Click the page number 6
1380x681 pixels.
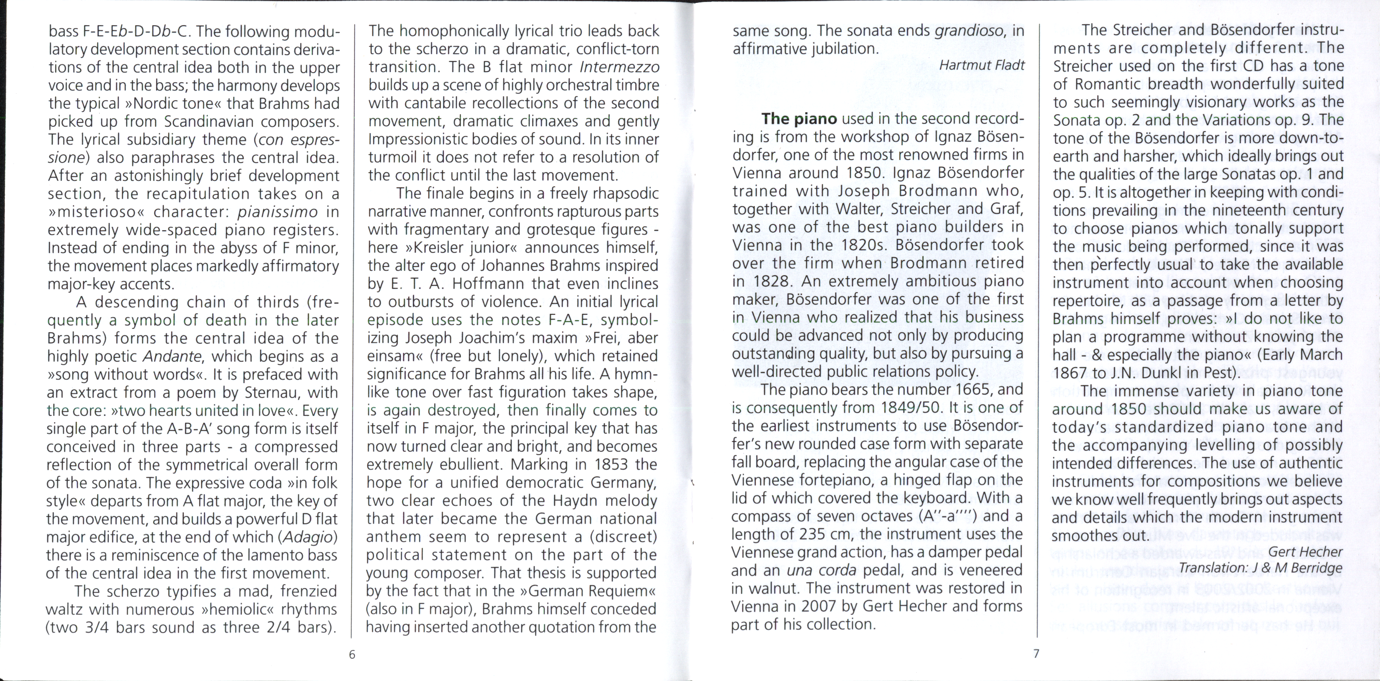click(352, 654)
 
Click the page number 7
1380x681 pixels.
click(1036, 654)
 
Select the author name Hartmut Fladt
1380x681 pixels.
click(982, 65)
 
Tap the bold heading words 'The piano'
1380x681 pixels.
click(799, 118)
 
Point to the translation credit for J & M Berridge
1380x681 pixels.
click(1261, 567)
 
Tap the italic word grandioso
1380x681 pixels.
click(968, 30)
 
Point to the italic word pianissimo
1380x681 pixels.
click(278, 212)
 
